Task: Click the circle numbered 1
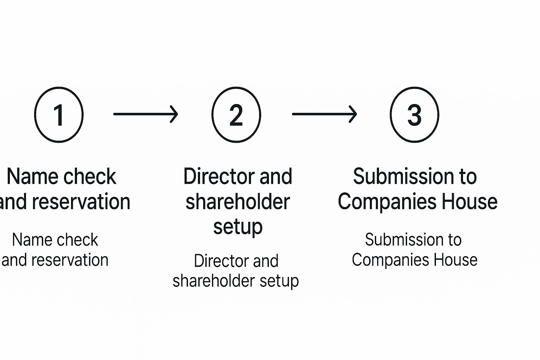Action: (x=59, y=115)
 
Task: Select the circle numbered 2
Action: (x=236, y=115)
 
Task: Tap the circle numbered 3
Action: (x=414, y=115)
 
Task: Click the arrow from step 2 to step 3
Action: (x=324, y=114)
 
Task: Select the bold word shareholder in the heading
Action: (x=238, y=202)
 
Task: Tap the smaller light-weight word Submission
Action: (x=404, y=240)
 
